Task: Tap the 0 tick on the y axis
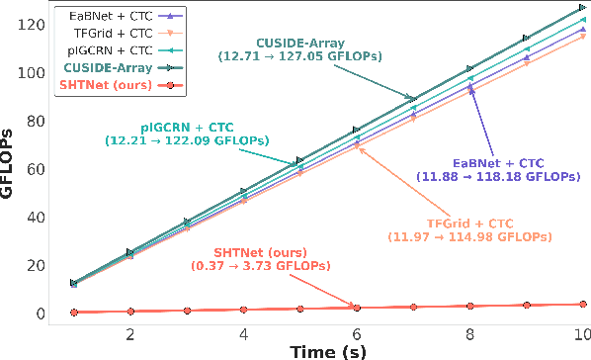[x=39, y=314]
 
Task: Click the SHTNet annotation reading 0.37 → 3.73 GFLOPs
[x=261, y=258]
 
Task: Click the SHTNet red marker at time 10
[x=583, y=305]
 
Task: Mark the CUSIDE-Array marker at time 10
[x=583, y=7]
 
